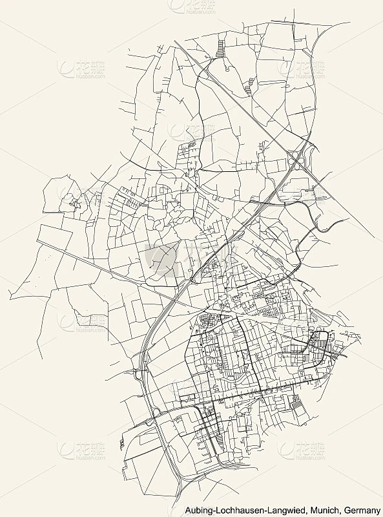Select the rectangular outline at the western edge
[x=55, y=235]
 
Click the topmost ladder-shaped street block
[x=222, y=47]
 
